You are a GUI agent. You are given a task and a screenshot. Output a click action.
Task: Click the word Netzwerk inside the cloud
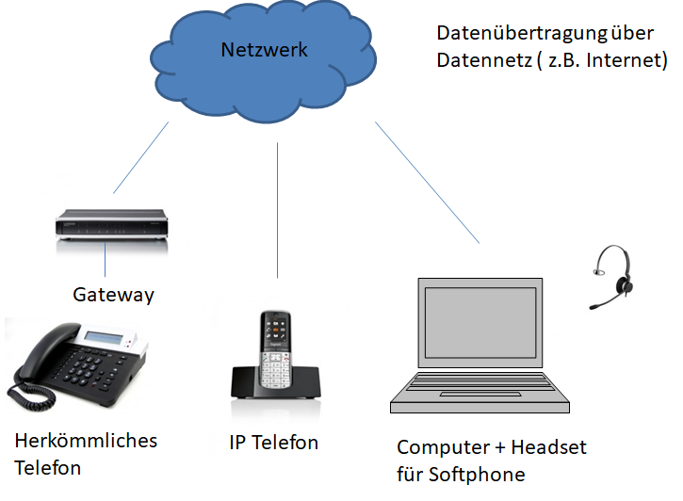click(x=264, y=50)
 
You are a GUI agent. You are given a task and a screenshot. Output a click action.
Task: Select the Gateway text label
click(x=113, y=295)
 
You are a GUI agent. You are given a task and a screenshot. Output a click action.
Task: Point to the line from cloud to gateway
click(x=138, y=155)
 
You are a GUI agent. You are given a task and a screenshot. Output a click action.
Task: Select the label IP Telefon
click(x=273, y=443)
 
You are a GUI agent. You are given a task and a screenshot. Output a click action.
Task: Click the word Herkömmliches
click(x=86, y=441)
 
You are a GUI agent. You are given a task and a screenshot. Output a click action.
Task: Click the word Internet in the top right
click(x=629, y=61)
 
